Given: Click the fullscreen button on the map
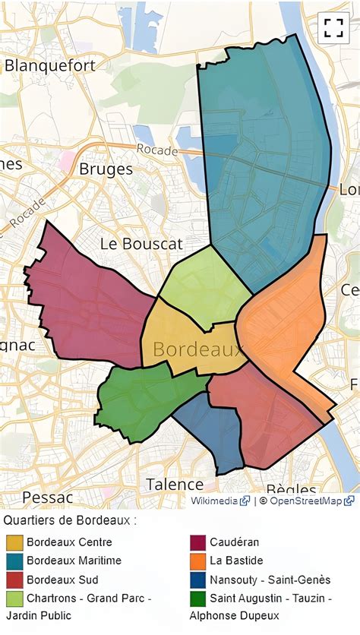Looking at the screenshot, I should click(x=333, y=28).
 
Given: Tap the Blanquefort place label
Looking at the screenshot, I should click(x=50, y=65).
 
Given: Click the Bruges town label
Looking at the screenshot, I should click(x=106, y=169).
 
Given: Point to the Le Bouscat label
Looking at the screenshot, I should click(x=141, y=244).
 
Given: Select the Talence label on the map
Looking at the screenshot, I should click(x=175, y=485).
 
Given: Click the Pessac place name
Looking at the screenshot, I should click(x=47, y=498).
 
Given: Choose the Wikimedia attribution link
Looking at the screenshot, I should click(x=215, y=501).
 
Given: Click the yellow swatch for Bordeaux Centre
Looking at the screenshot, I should click(x=14, y=542).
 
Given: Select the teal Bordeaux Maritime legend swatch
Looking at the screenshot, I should click(x=14, y=561).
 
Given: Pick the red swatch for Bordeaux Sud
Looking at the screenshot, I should click(x=14, y=579).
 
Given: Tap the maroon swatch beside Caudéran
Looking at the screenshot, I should click(x=197, y=542).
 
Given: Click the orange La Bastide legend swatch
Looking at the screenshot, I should click(x=197, y=561).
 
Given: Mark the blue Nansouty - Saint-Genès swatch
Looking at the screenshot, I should click(x=197, y=579).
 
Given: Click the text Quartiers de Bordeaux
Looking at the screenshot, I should click(x=70, y=521).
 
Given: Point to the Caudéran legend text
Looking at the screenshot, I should click(x=235, y=542).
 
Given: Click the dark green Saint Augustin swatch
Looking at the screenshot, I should click(x=197, y=598).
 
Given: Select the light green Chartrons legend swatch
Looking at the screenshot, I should click(x=14, y=598).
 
